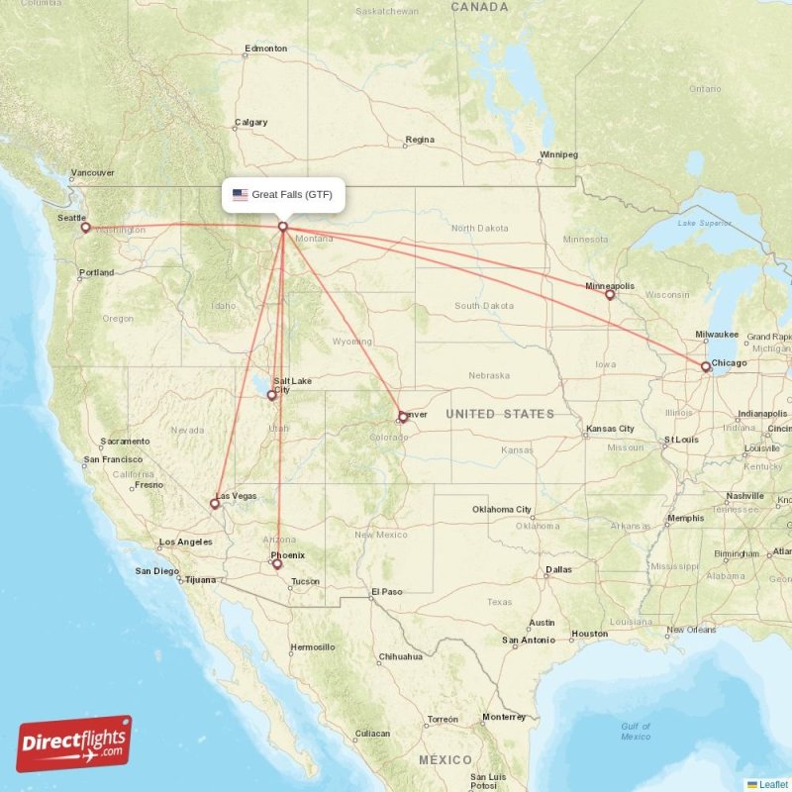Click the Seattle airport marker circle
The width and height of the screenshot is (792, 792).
[85, 228]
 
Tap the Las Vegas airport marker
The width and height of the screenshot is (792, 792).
[215, 504]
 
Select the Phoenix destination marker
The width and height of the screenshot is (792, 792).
[277, 565]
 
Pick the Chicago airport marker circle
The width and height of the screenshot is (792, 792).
[705, 367]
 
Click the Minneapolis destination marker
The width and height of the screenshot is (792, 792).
[610, 294]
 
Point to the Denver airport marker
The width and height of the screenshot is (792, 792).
[403, 418]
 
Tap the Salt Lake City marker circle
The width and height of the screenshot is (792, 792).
[272, 396]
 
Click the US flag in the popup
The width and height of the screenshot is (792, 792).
[241, 195]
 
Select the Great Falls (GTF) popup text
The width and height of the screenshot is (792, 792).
[292, 195]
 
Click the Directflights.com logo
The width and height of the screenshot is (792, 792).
[73, 743]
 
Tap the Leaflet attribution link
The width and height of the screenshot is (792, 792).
[773, 784]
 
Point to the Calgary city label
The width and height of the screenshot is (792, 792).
[250, 123]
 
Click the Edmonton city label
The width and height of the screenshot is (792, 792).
[265, 49]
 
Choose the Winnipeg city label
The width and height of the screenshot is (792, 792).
[558, 154]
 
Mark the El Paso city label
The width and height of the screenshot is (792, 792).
[386, 592]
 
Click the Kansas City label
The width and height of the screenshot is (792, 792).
[610, 429]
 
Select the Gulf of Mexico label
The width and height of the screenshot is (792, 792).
[636, 731]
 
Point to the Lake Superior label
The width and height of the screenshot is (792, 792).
[701, 224]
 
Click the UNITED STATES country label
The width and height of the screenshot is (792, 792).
[499, 413]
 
